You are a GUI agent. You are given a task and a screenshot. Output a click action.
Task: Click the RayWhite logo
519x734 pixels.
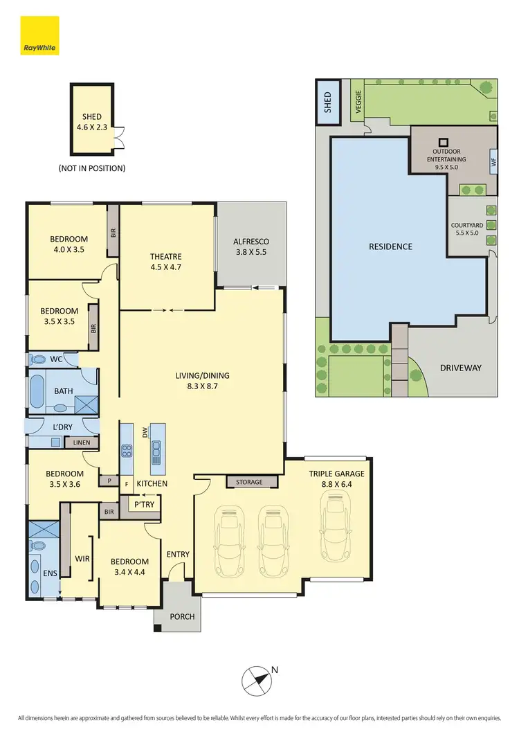(x=39, y=35)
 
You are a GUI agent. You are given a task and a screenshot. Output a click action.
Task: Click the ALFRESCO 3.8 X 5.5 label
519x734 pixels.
(x=251, y=247)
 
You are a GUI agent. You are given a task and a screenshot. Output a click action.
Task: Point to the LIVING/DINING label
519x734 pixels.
(x=201, y=382)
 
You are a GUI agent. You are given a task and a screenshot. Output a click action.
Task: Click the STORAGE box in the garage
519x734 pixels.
(x=250, y=482)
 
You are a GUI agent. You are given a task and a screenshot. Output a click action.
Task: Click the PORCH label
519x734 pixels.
(x=181, y=616)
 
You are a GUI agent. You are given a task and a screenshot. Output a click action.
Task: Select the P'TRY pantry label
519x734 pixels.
(x=144, y=505)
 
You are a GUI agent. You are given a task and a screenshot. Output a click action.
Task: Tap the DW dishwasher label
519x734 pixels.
(x=145, y=433)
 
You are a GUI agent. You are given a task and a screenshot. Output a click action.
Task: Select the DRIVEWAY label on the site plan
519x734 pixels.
(x=460, y=368)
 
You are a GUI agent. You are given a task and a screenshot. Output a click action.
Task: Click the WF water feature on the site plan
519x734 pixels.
(x=493, y=163)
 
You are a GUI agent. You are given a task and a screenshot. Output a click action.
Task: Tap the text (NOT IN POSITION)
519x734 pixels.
(x=92, y=168)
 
